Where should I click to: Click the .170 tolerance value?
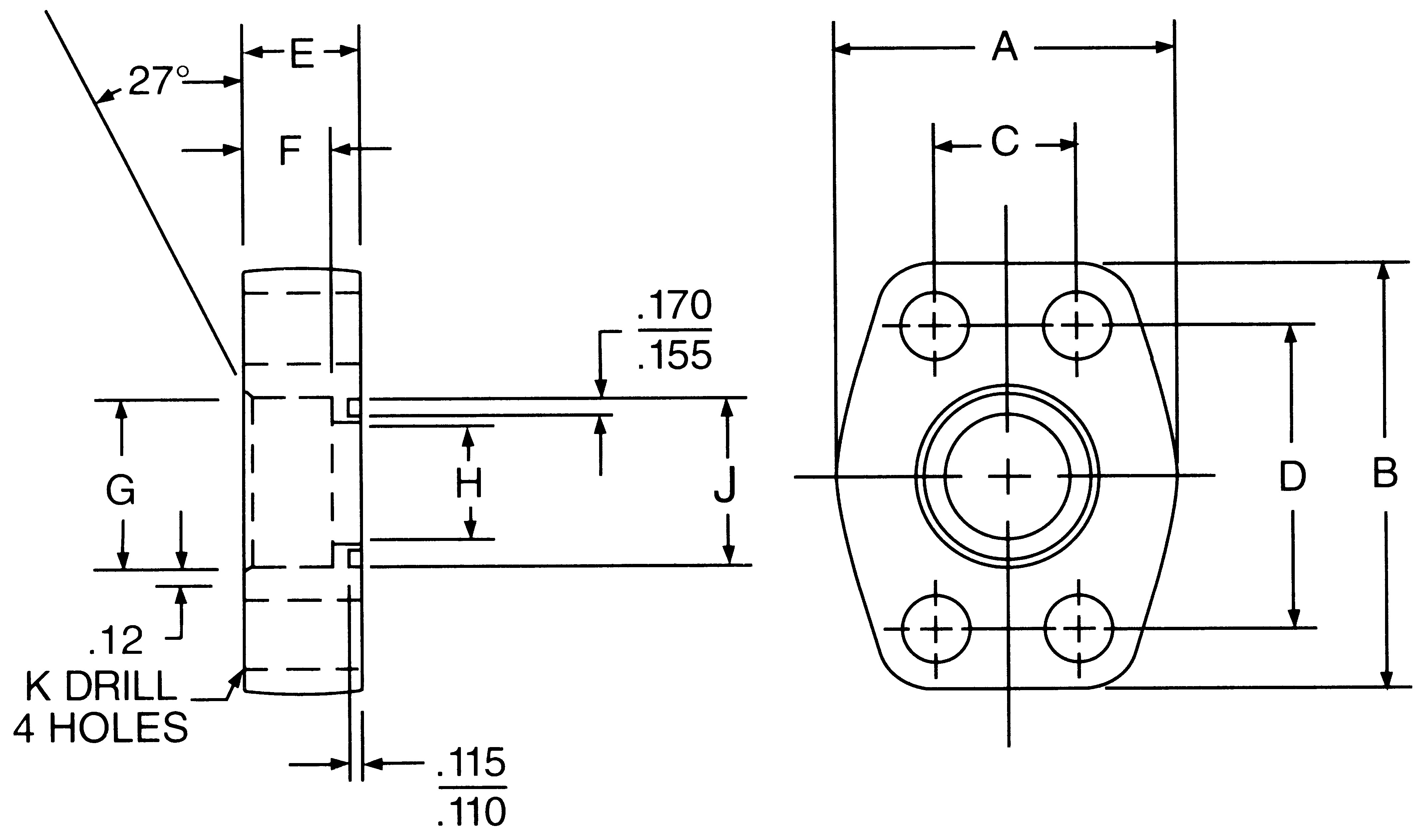click(675, 306)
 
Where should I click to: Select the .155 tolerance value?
click(675, 356)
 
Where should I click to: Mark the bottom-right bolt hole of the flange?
click(1079, 628)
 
